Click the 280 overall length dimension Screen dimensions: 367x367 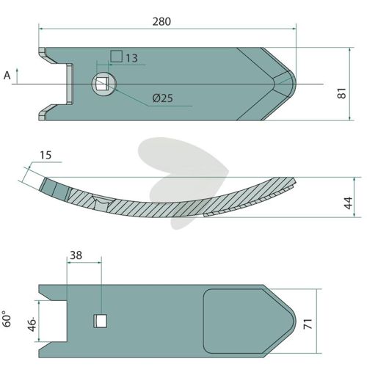click(x=161, y=22)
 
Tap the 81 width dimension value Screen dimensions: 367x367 click(x=342, y=93)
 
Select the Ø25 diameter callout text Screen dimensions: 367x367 click(x=162, y=98)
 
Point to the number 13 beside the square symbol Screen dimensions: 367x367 click(x=131, y=58)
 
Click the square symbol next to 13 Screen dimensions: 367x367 click(x=117, y=57)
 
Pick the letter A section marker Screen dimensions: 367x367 click(x=7, y=76)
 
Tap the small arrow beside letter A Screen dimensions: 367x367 click(x=17, y=76)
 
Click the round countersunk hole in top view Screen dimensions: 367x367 click(x=103, y=84)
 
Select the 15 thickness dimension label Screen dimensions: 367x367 click(x=46, y=155)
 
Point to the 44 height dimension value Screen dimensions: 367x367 click(x=348, y=203)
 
